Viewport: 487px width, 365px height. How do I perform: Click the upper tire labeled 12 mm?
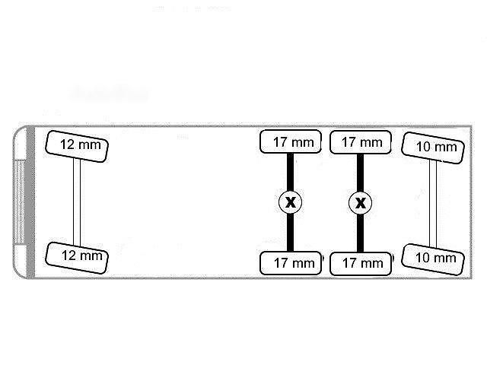tap(77, 147)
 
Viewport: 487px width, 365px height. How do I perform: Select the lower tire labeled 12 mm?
tap(77, 258)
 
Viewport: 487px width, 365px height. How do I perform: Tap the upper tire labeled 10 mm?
tap(433, 148)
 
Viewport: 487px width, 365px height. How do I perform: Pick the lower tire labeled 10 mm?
tap(433, 259)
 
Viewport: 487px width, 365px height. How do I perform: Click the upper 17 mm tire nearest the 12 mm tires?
tap(291, 142)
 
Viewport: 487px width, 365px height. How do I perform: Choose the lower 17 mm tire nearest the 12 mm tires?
tap(291, 263)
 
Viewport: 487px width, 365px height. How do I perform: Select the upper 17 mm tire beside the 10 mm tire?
tap(360, 142)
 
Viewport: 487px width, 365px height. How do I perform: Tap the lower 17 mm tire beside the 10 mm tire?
tap(360, 264)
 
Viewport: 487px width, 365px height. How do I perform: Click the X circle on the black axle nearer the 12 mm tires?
tap(290, 202)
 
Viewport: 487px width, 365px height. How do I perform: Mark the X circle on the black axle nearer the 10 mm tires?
tap(360, 203)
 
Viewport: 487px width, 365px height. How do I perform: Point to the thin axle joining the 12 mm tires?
tap(77, 202)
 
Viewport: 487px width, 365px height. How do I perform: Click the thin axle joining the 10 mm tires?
tap(433, 204)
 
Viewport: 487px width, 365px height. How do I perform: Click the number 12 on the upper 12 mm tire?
tap(68, 144)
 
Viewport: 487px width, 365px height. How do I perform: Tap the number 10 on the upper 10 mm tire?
tap(423, 147)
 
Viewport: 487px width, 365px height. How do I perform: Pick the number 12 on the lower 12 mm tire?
tap(69, 255)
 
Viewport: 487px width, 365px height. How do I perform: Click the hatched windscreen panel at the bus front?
tap(19, 202)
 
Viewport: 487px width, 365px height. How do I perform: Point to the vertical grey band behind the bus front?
tap(30, 202)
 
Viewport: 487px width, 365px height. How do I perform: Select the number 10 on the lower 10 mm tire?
tap(422, 257)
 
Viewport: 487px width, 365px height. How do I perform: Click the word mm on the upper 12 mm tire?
tap(90, 145)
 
